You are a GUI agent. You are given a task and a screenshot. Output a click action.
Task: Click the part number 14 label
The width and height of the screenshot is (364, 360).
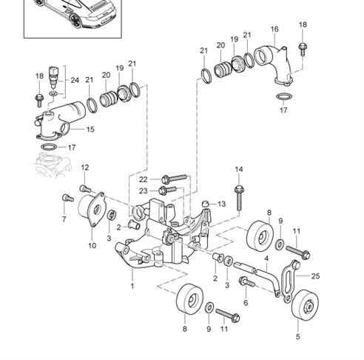pyautogui.click(x=239, y=170)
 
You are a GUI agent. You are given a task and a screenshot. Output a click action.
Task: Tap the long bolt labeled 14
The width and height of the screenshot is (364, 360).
pyautogui.click(x=239, y=198)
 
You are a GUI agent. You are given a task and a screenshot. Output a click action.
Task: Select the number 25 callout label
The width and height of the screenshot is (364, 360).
pyautogui.click(x=315, y=276)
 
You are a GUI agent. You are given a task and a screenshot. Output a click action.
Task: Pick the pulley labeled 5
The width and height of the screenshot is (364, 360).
pyautogui.click(x=305, y=304)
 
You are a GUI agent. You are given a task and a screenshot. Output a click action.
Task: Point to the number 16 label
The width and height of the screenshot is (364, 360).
pyautogui.click(x=274, y=29)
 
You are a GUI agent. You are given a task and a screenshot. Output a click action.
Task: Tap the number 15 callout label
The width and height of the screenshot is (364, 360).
pyautogui.click(x=90, y=130)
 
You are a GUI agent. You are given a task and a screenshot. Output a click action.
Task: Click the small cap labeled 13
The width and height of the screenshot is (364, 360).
pyautogui.click(x=206, y=204)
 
